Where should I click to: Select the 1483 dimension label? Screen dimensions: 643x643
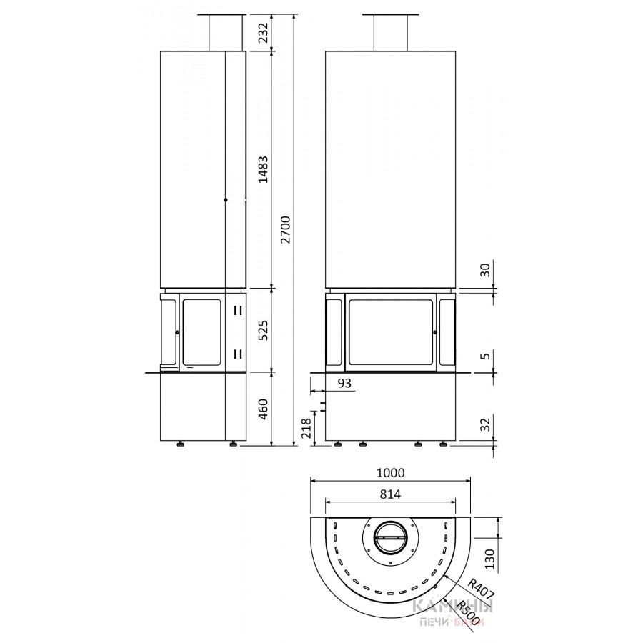coord(263,169)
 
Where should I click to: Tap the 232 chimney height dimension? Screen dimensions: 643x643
coord(263,33)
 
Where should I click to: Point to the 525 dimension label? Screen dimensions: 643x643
coord(263,330)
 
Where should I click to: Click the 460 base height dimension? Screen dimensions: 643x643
coord(263,409)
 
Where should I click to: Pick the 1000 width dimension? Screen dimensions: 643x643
coord(390,473)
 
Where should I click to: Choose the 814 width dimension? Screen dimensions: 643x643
coord(390,494)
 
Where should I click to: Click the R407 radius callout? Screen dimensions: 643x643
coord(481,589)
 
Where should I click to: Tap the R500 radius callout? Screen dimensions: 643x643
coord(468,613)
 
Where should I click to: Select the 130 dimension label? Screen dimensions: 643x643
coord(490,559)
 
